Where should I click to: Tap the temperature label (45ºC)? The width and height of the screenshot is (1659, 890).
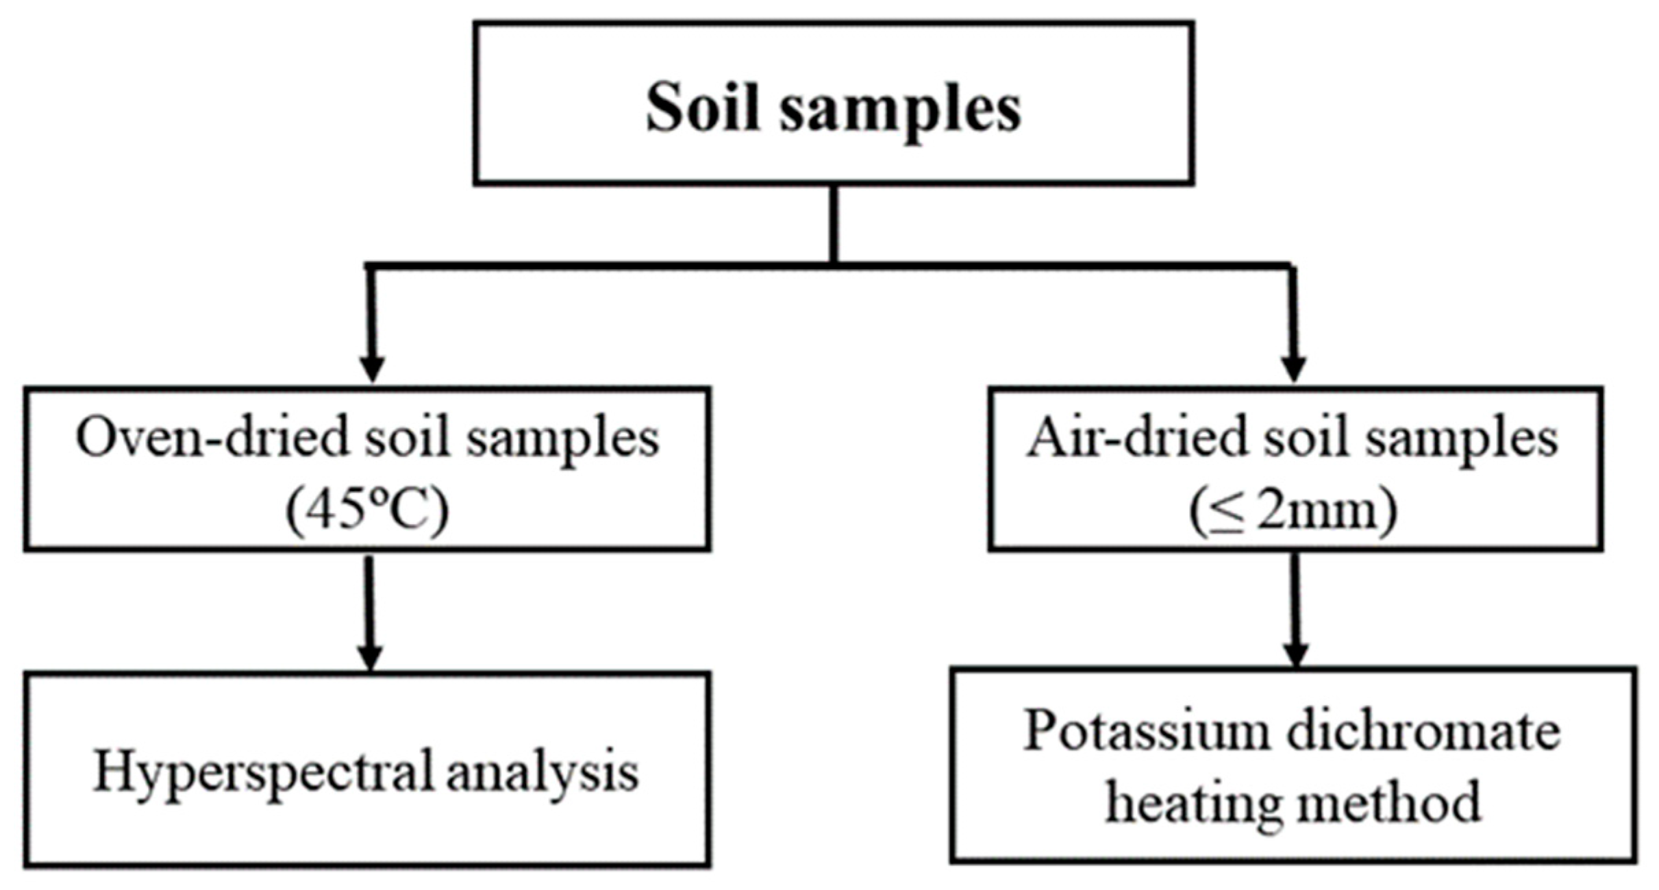pos(367,511)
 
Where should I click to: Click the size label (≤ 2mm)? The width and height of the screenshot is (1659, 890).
pos(1293,511)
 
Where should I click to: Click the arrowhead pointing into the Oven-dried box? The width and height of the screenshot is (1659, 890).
pos(372,369)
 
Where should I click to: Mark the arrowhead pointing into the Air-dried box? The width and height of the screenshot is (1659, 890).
pos(1293,369)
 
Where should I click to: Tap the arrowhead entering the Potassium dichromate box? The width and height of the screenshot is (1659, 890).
pos(1295,654)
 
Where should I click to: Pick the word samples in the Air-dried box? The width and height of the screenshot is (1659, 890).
pos(1462,439)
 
